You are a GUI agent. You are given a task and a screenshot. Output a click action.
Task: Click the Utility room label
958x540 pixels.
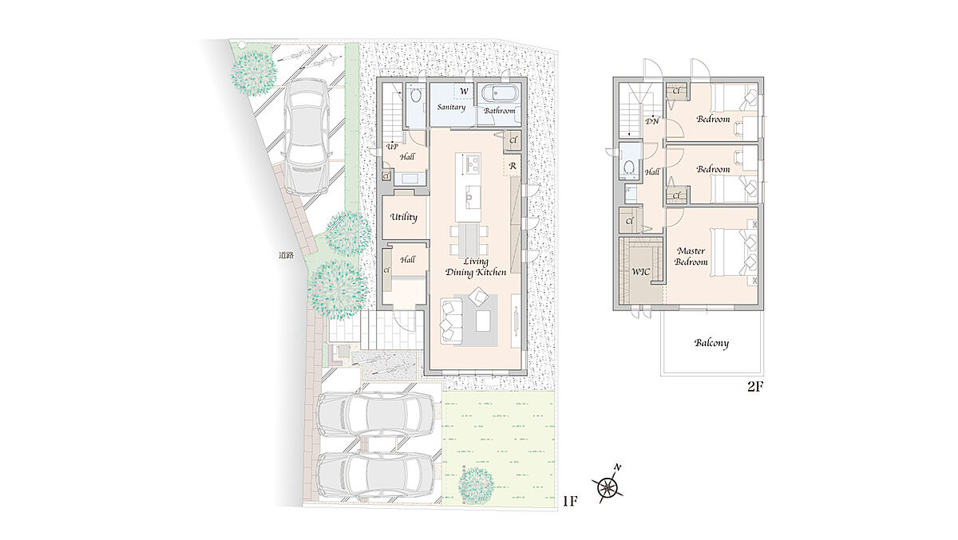tap(403, 218)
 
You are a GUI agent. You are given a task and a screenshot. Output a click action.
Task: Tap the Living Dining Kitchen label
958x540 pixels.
tap(476, 267)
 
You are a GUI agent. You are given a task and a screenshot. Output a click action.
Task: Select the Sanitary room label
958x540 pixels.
tap(451, 107)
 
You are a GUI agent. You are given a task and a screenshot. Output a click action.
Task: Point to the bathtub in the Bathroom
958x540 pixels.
tap(501, 93)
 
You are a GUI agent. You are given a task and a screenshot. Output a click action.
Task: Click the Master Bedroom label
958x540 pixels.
tap(691, 256)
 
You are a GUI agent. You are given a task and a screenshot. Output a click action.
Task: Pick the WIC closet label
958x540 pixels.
tap(640, 272)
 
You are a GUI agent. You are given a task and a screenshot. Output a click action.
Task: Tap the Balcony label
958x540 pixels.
tap(711, 343)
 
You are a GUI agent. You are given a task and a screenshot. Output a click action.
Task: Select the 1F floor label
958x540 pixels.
tap(570, 501)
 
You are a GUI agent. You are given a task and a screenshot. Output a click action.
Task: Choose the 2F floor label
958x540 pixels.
tap(755, 387)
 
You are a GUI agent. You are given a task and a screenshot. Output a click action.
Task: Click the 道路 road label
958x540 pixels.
tap(286, 256)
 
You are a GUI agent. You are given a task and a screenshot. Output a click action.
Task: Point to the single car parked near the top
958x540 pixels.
tap(307, 136)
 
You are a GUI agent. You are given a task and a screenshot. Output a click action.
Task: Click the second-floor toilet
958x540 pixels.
tap(628, 166)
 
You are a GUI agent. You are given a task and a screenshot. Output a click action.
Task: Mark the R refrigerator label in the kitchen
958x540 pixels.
tap(513, 166)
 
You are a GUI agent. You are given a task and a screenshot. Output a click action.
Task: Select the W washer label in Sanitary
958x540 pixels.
tap(464, 91)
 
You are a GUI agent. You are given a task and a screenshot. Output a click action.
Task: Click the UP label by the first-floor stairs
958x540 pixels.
tap(392, 147)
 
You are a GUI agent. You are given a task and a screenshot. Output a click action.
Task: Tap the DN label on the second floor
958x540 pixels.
tap(651, 121)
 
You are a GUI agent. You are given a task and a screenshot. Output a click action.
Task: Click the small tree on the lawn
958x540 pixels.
tap(476, 487)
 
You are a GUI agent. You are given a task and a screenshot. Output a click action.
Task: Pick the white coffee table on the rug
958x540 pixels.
tap(483, 321)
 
